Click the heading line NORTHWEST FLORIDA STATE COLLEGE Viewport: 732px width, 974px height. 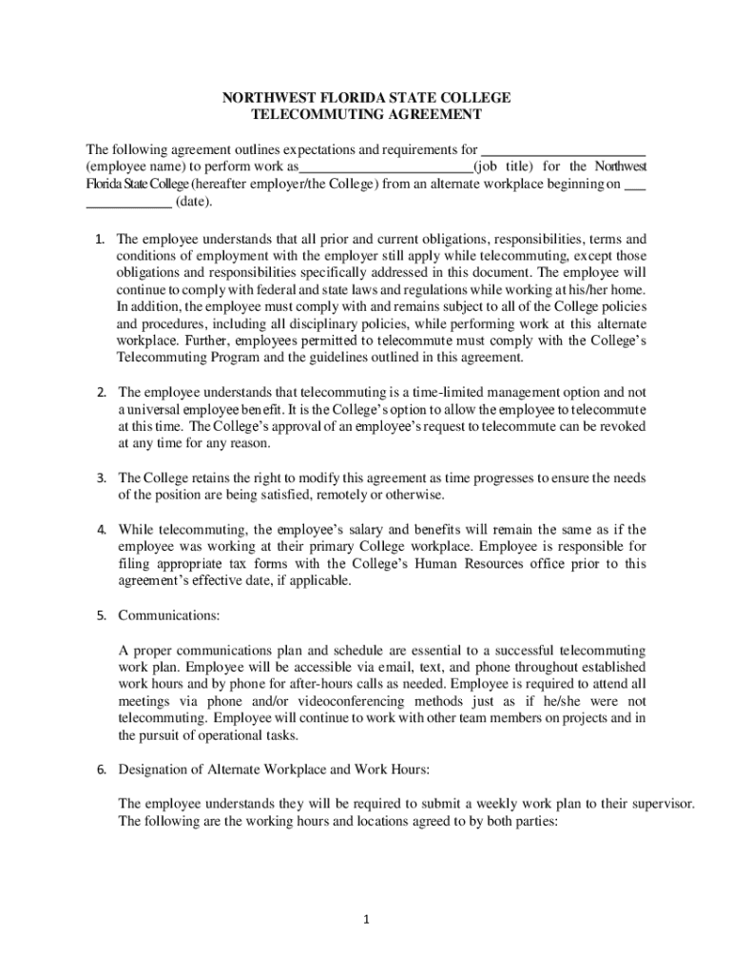366,98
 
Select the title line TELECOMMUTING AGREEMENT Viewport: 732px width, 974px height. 366,115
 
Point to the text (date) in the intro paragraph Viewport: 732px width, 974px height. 193,203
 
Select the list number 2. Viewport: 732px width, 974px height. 101,392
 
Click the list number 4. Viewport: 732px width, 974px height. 101,530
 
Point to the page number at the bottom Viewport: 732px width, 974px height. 366,919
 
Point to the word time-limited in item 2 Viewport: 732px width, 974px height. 449,392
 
